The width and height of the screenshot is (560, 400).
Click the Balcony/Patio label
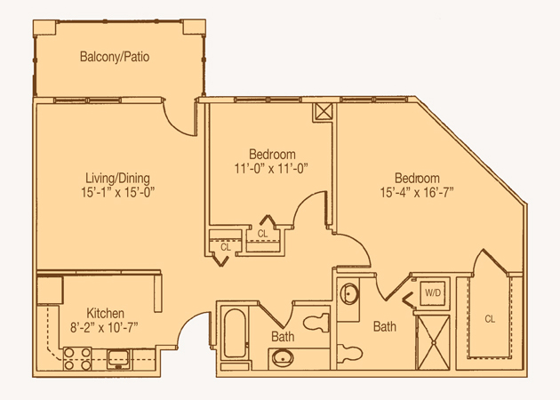(x=115, y=57)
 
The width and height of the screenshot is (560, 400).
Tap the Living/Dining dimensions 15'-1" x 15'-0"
(x=117, y=193)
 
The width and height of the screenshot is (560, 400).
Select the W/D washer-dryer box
(x=433, y=293)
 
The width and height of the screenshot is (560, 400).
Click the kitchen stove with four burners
(x=77, y=358)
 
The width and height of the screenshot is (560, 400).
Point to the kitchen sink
(x=119, y=358)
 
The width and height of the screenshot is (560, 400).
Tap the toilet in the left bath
(x=316, y=323)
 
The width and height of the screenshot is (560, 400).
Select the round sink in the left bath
(x=283, y=358)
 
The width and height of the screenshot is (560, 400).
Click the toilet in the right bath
(x=350, y=353)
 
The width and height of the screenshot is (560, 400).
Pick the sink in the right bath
(x=349, y=294)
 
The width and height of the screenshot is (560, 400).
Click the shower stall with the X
(x=434, y=342)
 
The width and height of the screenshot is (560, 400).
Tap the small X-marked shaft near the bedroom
(x=324, y=111)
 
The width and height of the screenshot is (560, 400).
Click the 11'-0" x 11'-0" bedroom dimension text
(x=271, y=168)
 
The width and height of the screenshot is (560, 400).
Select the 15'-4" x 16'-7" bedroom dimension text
(x=417, y=193)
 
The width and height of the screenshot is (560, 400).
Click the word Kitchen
(x=106, y=313)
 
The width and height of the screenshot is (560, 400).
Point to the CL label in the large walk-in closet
(x=490, y=318)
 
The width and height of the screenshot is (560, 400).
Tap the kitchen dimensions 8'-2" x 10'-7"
(x=104, y=327)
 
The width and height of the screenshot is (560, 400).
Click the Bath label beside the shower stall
(x=385, y=326)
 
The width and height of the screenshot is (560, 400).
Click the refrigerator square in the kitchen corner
(x=50, y=290)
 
